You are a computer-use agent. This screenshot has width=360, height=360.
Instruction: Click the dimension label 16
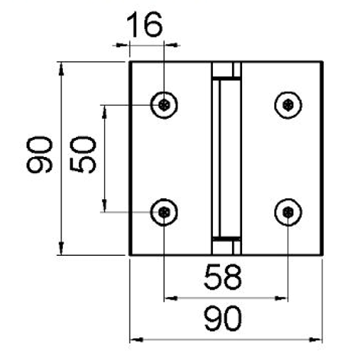[x=145, y=25]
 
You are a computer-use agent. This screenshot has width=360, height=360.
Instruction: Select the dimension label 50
[x=83, y=155]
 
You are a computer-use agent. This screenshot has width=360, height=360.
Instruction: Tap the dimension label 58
[x=223, y=277]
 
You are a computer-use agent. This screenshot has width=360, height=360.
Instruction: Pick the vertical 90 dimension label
[x=39, y=155]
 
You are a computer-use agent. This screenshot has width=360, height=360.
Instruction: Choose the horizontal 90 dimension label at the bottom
[x=223, y=319]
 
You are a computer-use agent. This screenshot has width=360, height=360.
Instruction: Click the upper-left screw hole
[x=164, y=105]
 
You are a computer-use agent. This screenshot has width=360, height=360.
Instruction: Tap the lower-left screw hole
[x=164, y=212]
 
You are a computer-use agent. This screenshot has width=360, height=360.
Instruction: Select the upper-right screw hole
[x=288, y=105]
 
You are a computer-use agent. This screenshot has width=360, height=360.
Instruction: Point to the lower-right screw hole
[x=288, y=212]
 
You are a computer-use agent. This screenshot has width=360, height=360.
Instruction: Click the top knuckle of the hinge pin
[x=226, y=70]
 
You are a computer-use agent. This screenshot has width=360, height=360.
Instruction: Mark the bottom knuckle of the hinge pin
[x=226, y=247]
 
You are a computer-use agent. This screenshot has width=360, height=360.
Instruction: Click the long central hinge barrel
[x=226, y=159]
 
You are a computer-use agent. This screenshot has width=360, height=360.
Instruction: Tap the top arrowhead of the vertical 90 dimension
[x=61, y=68]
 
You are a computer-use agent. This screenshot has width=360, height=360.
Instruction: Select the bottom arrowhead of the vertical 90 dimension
[x=61, y=248]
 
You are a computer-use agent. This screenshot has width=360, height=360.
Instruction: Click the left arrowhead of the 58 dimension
[x=171, y=298]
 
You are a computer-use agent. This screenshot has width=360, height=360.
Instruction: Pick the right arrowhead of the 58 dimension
[x=281, y=298]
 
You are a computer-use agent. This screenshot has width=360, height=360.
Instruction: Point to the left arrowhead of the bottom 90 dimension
[x=136, y=339]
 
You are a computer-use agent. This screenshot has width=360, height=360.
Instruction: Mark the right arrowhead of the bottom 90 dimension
[x=316, y=339]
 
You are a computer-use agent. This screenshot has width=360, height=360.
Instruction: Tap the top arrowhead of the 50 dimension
[x=104, y=112]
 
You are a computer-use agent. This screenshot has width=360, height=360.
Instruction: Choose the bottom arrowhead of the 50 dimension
[x=104, y=205]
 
